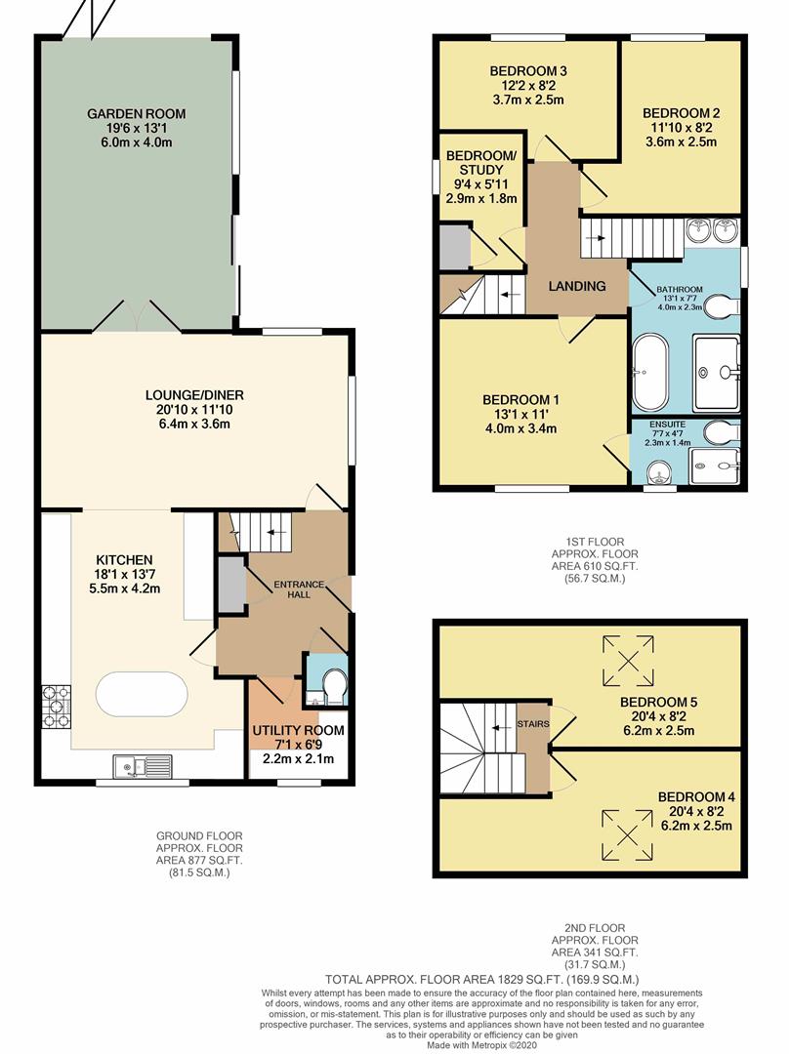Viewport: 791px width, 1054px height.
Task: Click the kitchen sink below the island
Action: coord(143,765)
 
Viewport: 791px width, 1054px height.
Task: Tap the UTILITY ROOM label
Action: coord(298,730)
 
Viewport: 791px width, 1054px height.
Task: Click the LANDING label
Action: coord(576,286)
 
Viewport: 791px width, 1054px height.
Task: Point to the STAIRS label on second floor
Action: coord(533,723)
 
